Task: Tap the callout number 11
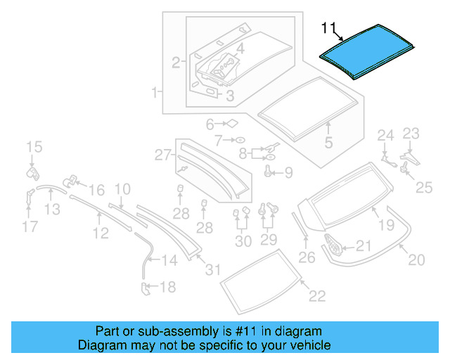click(x=329, y=27)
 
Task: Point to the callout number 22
click(x=317, y=296)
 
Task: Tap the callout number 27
click(x=163, y=154)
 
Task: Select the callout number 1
click(x=153, y=92)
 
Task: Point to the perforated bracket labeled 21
click(x=334, y=246)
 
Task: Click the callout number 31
click(x=212, y=269)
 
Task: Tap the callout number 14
click(x=169, y=261)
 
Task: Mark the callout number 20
click(x=416, y=260)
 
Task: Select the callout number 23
click(x=410, y=134)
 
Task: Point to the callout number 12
click(x=101, y=233)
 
